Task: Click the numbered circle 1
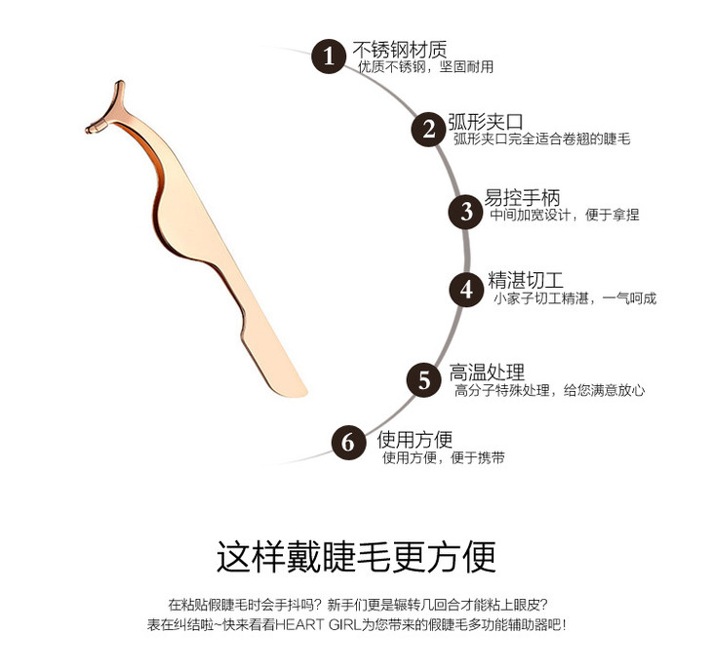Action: [329, 56]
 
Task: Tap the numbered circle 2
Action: [427, 130]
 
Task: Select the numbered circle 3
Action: [465, 211]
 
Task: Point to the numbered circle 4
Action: [466, 290]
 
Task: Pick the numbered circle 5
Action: [423, 379]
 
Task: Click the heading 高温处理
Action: [487, 372]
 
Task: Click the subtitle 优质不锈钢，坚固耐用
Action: [425, 67]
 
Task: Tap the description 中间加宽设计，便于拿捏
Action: [564, 216]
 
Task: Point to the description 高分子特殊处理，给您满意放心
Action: [549, 390]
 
